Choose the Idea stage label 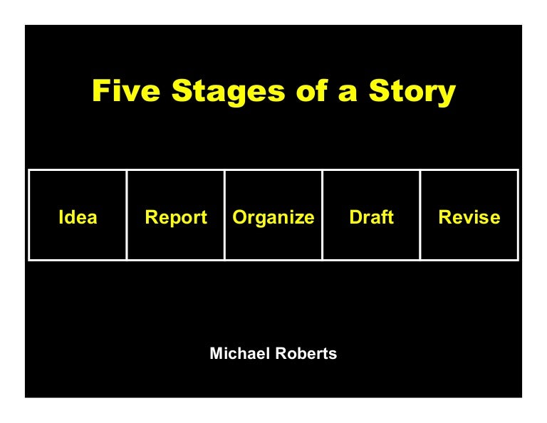click(x=78, y=217)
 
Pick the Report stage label click(x=176, y=217)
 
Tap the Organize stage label click(x=273, y=218)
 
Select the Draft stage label click(x=371, y=217)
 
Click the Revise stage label click(x=469, y=217)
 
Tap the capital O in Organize click(x=239, y=217)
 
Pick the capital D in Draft click(x=355, y=217)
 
